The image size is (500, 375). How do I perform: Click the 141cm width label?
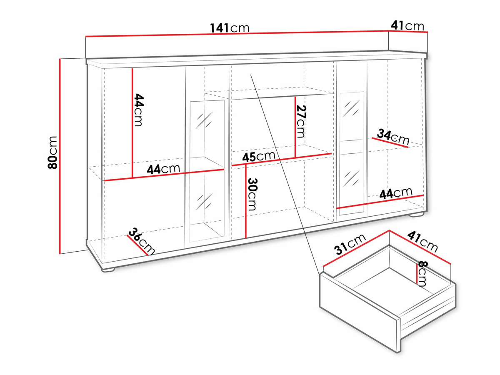[x=230, y=28]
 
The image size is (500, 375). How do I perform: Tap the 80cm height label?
[x=52, y=152]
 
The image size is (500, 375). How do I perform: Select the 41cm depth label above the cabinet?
[x=407, y=25]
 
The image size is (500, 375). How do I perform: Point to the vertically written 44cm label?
[x=139, y=110]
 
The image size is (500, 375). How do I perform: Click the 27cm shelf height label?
[x=301, y=122]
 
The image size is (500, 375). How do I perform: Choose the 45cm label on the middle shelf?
[x=259, y=156]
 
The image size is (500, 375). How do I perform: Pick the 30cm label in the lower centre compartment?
[x=252, y=194]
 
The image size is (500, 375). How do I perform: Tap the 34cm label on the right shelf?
[x=393, y=137]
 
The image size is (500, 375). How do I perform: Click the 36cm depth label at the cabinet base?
[x=141, y=241]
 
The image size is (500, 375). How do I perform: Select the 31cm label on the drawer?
[x=350, y=244]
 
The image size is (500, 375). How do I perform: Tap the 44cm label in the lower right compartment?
[x=396, y=193]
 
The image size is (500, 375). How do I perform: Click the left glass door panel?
[x=207, y=171]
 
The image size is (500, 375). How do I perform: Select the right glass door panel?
[x=352, y=153]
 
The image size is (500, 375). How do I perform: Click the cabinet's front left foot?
[x=108, y=269]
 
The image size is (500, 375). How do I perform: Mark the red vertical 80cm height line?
[x=60, y=156]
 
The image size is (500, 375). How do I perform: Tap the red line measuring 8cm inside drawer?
[x=417, y=274]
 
